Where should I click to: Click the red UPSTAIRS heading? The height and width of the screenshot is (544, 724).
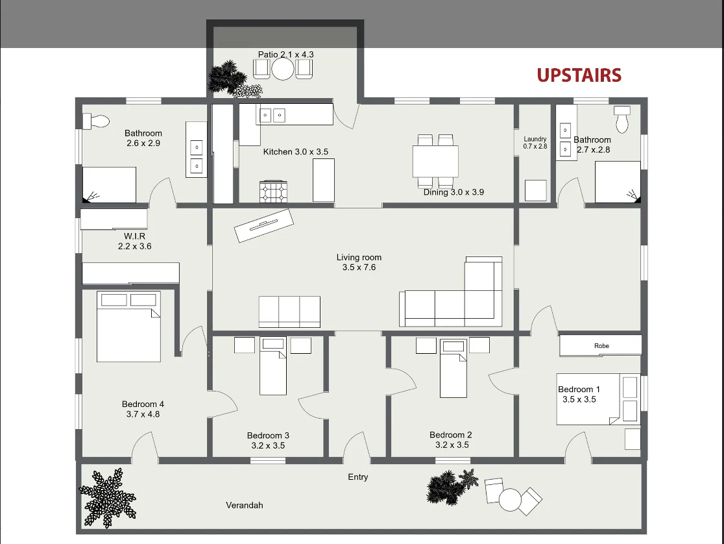[x=579, y=75]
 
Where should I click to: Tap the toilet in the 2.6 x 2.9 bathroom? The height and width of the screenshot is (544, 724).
[x=96, y=121]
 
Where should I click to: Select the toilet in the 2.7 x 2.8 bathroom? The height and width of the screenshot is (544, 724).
[x=622, y=119]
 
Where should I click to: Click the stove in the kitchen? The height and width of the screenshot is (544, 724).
[x=273, y=192]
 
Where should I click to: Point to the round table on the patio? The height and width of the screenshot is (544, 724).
[x=283, y=70]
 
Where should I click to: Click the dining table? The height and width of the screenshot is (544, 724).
[x=435, y=161]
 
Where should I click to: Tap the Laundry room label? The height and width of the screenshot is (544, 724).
[x=535, y=139]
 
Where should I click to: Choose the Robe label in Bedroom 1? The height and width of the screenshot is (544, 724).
[x=601, y=346]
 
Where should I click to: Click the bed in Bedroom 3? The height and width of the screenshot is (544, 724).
[x=273, y=366]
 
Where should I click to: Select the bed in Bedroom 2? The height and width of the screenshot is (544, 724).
[x=453, y=368]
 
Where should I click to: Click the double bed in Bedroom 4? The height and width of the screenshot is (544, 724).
[x=128, y=327]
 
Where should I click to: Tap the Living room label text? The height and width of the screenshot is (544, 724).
[x=359, y=258]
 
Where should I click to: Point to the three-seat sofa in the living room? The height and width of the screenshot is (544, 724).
[x=289, y=312]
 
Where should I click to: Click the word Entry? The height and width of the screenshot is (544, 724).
[x=358, y=477]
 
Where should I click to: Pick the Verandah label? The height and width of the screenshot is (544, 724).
[x=245, y=505]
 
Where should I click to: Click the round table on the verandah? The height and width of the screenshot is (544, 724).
[x=510, y=500]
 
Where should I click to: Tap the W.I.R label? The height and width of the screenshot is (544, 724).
[x=134, y=236]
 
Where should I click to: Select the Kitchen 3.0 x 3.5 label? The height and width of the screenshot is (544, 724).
[x=296, y=152]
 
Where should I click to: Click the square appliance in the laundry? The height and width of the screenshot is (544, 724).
[x=536, y=190]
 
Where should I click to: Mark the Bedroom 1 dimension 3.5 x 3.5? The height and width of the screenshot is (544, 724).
[x=579, y=399]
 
